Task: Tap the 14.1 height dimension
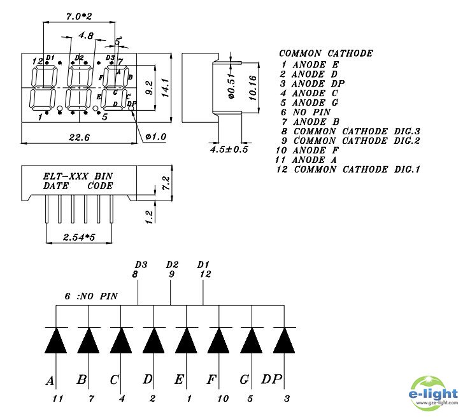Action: [164, 88]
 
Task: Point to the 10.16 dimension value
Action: [252, 88]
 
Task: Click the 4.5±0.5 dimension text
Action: [229, 150]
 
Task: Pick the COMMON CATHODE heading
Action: [325, 53]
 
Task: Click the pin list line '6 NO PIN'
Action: [303, 111]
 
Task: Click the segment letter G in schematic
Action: [244, 380]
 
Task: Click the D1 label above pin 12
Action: [203, 264]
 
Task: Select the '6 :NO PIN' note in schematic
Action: [92, 297]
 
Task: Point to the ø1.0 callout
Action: [155, 136]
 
